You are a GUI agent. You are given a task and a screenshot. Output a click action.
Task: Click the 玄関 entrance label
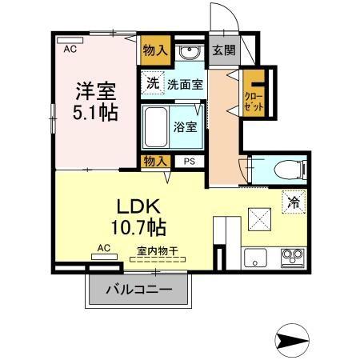point(222,50)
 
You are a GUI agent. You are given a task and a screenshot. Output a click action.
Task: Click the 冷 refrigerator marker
point(294,204)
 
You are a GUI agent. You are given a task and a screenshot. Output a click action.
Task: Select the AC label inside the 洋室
point(70,49)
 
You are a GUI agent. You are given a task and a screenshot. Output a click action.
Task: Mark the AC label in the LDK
point(104,248)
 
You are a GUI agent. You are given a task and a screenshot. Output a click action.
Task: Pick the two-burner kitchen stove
point(291,258)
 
